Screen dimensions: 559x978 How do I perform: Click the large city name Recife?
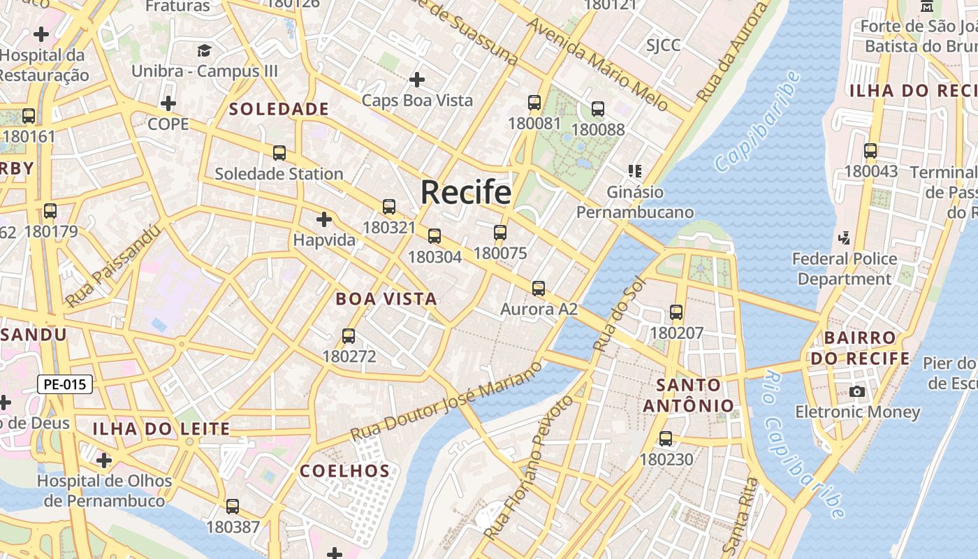pyautogui.click(x=465, y=192)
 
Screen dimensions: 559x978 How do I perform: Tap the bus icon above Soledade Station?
pyautogui.click(x=279, y=152)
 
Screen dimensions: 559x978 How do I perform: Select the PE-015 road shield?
pyautogui.click(x=64, y=384)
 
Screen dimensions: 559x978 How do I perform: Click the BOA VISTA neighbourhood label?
pyautogui.click(x=386, y=299)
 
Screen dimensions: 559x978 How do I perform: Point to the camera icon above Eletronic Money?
pyautogui.click(x=857, y=391)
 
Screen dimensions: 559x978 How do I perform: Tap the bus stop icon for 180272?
pyautogui.click(x=349, y=336)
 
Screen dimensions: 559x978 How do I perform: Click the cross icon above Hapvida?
pyautogui.click(x=323, y=219)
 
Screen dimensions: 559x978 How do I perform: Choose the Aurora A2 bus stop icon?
pyautogui.click(x=538, y=288)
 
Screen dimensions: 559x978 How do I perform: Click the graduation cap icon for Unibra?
pyautogui.click(x=204, y=50)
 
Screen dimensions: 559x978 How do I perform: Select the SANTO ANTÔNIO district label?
pyautogui.click(x=689, y=395)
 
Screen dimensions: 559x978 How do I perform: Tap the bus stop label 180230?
pyautogui.click(x=666, y=460)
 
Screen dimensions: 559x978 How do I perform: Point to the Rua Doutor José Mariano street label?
pyautogui.click(x=447, y=400)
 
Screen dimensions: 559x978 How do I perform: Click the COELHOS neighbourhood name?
pyautogui.click(x=344, y=471)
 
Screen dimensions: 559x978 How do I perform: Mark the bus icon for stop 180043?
pyautogui.click(x=870, y=151)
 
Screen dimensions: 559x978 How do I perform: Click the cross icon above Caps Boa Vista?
pyautogui.click(x=417, y=80)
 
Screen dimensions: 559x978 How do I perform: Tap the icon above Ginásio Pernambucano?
pyautogui.click(x=635, y=170)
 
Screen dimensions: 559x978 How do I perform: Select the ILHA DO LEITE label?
pyautogui.click(x=161, y=429)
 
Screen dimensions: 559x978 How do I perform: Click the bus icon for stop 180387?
pyautogui.click(x=233, y=507)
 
